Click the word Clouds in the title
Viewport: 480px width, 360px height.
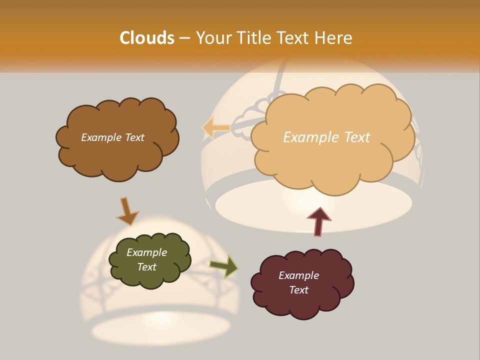pyautogui.click(x=147, y=38)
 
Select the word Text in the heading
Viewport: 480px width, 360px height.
pyautogui.click(x=292, y=38)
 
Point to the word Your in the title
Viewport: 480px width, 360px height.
pyautogui.click(x=213, y=38)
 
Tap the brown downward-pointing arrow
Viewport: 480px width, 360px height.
pyautogui.click(x=126, y=211)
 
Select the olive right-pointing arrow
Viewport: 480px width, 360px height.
pyautogui.click(x=224, y=266)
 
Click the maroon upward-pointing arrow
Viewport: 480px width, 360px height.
pyautogui.click(x=318, y=221)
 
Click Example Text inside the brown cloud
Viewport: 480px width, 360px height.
pyautogui.click(x=113, y=137)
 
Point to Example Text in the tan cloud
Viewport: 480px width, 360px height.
pyautogui.click(x=327, y=137)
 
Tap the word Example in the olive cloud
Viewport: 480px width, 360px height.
pyautogui.click(x=146, y=252)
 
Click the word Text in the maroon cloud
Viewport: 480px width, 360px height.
pyautogui.click(x=298, y=290)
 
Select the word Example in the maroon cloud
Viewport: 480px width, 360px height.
pyautogui.click(x=298, y=275)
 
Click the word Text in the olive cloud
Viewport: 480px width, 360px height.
pyautogui.click(x=146, y=267)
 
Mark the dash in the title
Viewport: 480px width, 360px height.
pyautogui.click(x=184, y=38)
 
